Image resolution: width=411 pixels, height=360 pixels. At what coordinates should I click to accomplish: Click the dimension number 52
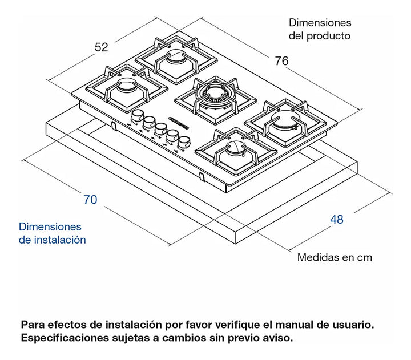pyautogui.click(x=101, y=47)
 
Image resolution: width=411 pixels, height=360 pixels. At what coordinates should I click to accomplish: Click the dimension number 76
pyautogui.click(x=281, y=61)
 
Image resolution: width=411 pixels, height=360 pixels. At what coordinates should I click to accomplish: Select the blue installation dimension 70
pyautogui.click(x=90, y=200)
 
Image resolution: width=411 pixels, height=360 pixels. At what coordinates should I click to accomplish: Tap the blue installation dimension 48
pyautogui.click(x=336, y=219)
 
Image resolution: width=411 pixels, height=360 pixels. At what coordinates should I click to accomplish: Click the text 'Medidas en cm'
pyautogui.click(x=335, y=257)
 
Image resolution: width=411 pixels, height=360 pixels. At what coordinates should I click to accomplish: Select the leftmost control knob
pyautogui.click(x=136, y=117)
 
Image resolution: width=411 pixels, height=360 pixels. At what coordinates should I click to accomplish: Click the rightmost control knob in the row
pyautogui.click(x=183, y=141)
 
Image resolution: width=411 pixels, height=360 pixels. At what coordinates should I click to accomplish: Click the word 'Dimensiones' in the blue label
pyautogui.click(x=50, y=227)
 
